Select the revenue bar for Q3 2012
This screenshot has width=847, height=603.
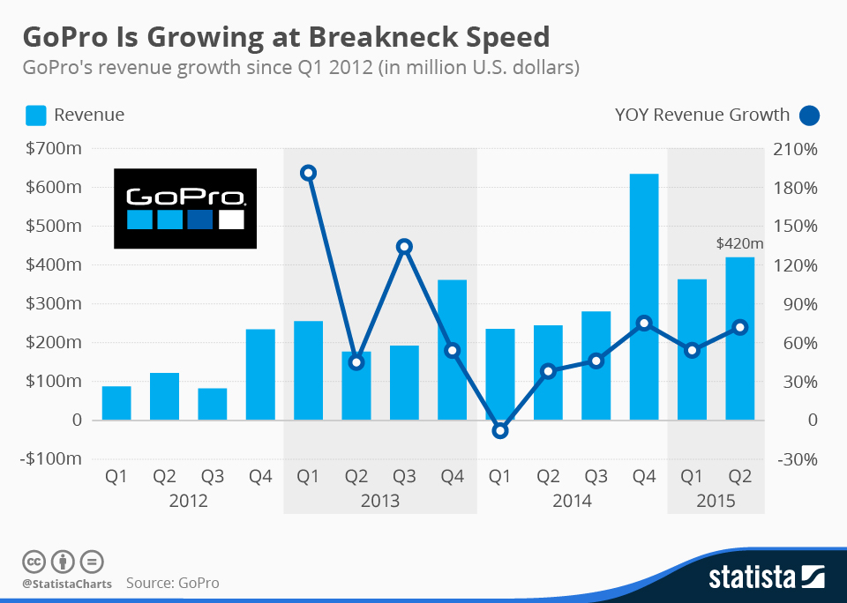[x=212, y=404]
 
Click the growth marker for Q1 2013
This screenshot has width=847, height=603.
[x=308, y=173]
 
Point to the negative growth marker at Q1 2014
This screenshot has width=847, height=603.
[x=500, y=430]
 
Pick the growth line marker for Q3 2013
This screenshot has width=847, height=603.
[x=404, y=247]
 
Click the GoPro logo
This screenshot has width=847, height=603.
[x=185, y=208]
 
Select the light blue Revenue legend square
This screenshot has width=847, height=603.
[x=35, y=115]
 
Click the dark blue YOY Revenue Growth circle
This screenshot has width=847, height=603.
[x=809, y=115]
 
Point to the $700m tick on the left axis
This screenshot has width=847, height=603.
[x=55, y=149]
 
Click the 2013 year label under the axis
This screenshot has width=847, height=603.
[x=379, y=501]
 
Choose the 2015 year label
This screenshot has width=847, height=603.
[x=716, y=501]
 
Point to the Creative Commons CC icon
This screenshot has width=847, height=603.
[x=34, y=561]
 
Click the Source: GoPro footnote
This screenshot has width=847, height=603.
[x=172, y=583]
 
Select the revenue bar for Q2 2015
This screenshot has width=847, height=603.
[x=739, y=339]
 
